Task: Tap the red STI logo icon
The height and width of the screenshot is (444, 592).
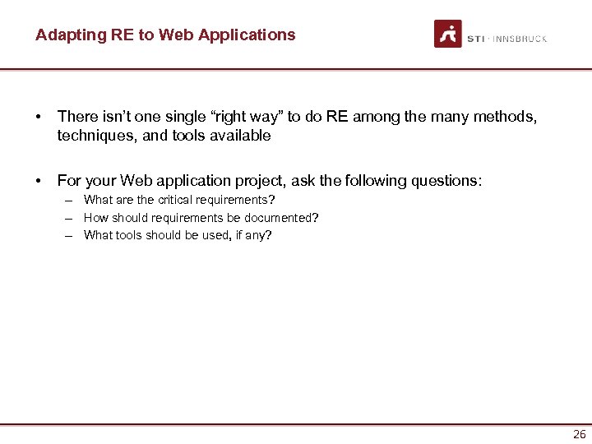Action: click(x=448, y=34)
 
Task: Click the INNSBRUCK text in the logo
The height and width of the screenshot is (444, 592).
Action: click(x=520, y=39)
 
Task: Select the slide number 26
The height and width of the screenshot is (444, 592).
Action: click(x=580, y=434)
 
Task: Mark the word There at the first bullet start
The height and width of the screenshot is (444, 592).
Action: click(x=76, y=118)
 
